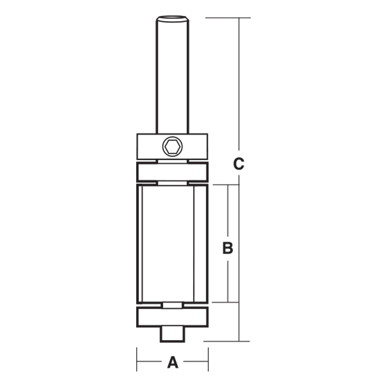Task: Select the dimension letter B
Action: pyautogui.click(x=228, y=248)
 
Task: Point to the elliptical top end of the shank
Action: pyautogui.click(x=172, y=18)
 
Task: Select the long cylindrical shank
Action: pyautogui.click(x=172, y=77)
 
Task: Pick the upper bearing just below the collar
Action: pyautogui.click(x=172, y=172)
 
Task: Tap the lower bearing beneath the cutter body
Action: pyautogui.click(x=172, y=317)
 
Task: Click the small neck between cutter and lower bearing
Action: pyautogui.click(x=172, y=305)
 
